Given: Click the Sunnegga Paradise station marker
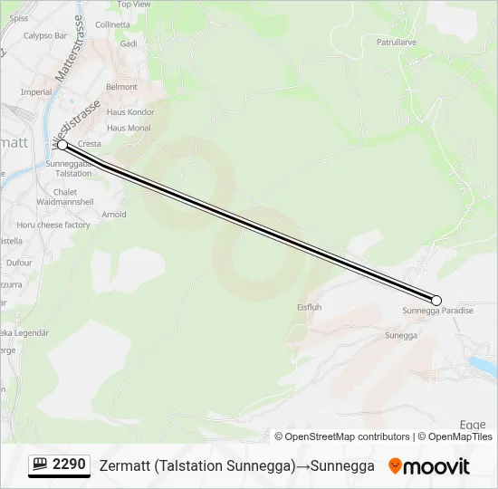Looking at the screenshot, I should click(x=436, y=301).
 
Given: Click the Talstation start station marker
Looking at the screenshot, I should click(x=62, y=145).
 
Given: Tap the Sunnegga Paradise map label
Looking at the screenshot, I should click(x=437, y=312).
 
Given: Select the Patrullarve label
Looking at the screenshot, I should click(x=396, y=42).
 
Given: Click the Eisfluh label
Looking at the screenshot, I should click(x=310, y=307).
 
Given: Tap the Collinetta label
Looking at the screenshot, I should click(x=112, y=24).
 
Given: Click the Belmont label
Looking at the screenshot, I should click(x=121, y=87).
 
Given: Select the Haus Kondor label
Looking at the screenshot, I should click(x=131, y=112).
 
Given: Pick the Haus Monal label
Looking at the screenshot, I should click(x=129, y=128).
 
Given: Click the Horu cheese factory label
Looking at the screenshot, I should click(x=53, y=225).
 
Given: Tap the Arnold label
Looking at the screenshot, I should click(x=114, y=215).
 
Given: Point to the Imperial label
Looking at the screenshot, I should click(x=36, y=92).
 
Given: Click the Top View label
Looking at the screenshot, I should click(x=134, y=5).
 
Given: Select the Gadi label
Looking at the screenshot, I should click(x=129, y=43).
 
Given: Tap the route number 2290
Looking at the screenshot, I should click(x=69, y=465).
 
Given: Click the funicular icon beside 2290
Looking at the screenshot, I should click(x=41, y=465).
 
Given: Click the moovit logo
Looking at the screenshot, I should click(x=429, y=466).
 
